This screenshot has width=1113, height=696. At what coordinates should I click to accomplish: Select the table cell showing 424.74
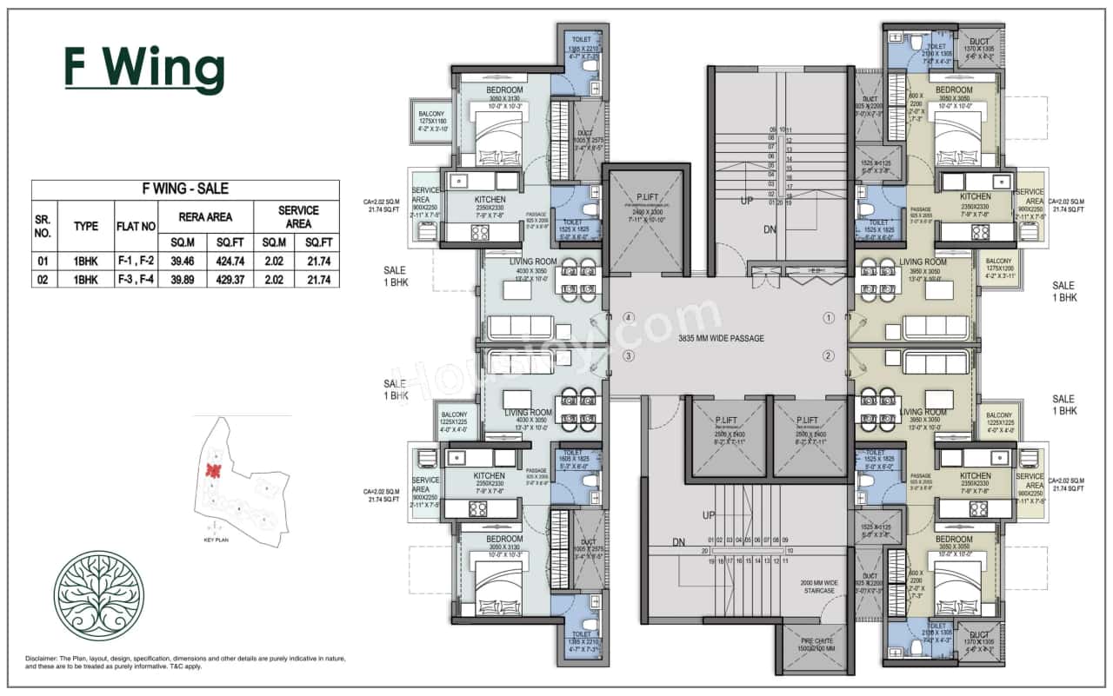point(230,260)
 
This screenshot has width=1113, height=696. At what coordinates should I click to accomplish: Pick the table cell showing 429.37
point(230,279)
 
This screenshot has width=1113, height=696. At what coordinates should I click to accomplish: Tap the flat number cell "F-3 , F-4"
point(136,279)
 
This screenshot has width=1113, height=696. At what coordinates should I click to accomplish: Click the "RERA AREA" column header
point(205,216)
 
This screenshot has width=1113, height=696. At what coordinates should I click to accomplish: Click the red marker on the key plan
point(211,471)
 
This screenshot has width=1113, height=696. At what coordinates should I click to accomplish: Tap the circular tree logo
point(98,596)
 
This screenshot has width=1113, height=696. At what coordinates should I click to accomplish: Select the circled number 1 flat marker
point(829,318)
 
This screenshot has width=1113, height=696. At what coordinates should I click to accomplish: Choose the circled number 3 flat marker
point(629,355)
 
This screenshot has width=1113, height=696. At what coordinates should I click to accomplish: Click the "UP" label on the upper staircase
point(746,200)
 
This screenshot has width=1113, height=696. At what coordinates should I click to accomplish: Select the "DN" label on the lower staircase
point(678,543)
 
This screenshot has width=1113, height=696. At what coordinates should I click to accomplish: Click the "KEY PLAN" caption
point(215,540)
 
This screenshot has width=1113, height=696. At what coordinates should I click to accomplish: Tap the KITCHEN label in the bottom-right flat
point(975,475)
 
